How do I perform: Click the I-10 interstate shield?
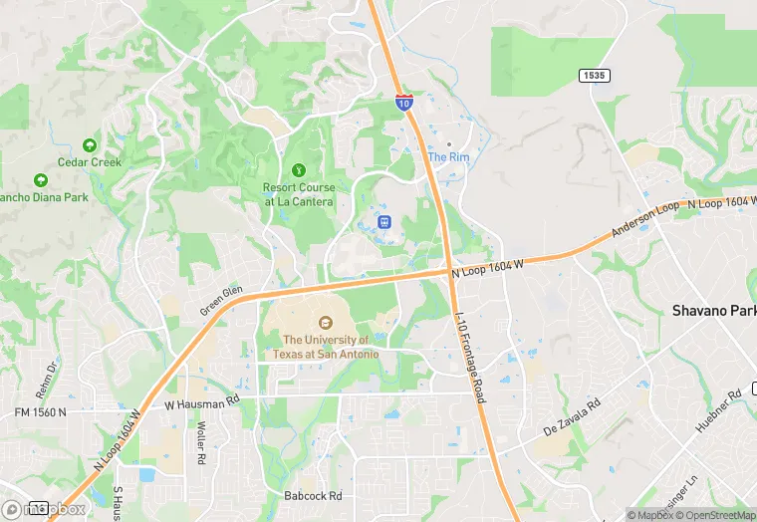tap(403, 102)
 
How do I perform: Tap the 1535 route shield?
tap(595, 76)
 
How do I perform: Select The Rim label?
tap(447, 157)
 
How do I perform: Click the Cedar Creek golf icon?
tap(90, 145)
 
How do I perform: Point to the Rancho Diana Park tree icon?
tap(41, 180)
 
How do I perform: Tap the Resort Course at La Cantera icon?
tap(298, 170)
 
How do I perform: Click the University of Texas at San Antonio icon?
tap(325, 322)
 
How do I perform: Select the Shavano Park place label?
tap(714, 311)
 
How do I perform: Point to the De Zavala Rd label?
tap(572, 418)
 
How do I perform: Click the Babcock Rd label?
tap(313, 496)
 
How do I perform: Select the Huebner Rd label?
tap(719, 409)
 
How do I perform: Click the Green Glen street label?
tap(221, 300)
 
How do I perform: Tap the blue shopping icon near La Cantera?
tap(385, 220)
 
